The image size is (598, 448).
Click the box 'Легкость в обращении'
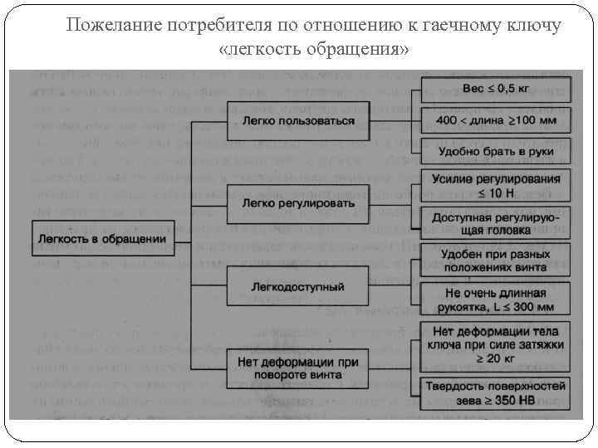point(103,239)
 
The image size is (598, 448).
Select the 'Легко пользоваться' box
point(298,121)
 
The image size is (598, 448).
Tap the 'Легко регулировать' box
point(298,203)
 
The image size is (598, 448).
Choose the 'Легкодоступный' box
point(298,287)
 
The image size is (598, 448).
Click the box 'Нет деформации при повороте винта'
point(298,368)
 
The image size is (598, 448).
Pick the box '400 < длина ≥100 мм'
point(496,121)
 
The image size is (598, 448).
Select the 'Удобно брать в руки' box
point(496,152)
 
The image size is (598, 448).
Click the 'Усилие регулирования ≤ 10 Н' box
point(496,186)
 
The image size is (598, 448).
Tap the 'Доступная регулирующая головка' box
point(496,223)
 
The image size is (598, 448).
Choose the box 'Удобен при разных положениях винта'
point(496,261)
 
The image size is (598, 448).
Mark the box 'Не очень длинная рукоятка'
point(496,299)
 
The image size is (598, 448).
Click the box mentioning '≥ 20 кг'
point(496,344)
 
